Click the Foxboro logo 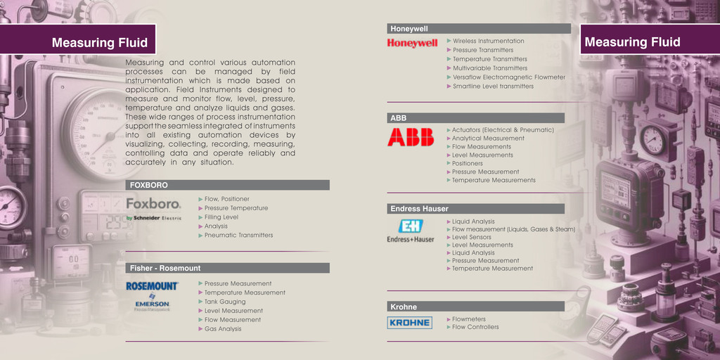(153, 205)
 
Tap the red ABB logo (411, 137)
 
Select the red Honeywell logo (412, 43)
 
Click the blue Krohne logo (409, 323)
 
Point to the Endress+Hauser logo (411, 230)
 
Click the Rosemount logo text (152, 286)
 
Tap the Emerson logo (153, 304)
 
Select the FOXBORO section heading (149, 185)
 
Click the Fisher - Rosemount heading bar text (165, 268)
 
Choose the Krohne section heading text (404, 307)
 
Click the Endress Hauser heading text (419, 209)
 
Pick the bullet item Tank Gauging (225, 302)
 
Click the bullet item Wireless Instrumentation (488, 41)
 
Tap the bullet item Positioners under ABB (468, 163)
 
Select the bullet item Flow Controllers (475, 327)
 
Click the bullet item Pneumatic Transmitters (238, 235)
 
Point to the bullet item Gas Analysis (223, 328)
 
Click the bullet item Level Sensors (472, 237)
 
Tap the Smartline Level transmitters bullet (493, 86)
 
